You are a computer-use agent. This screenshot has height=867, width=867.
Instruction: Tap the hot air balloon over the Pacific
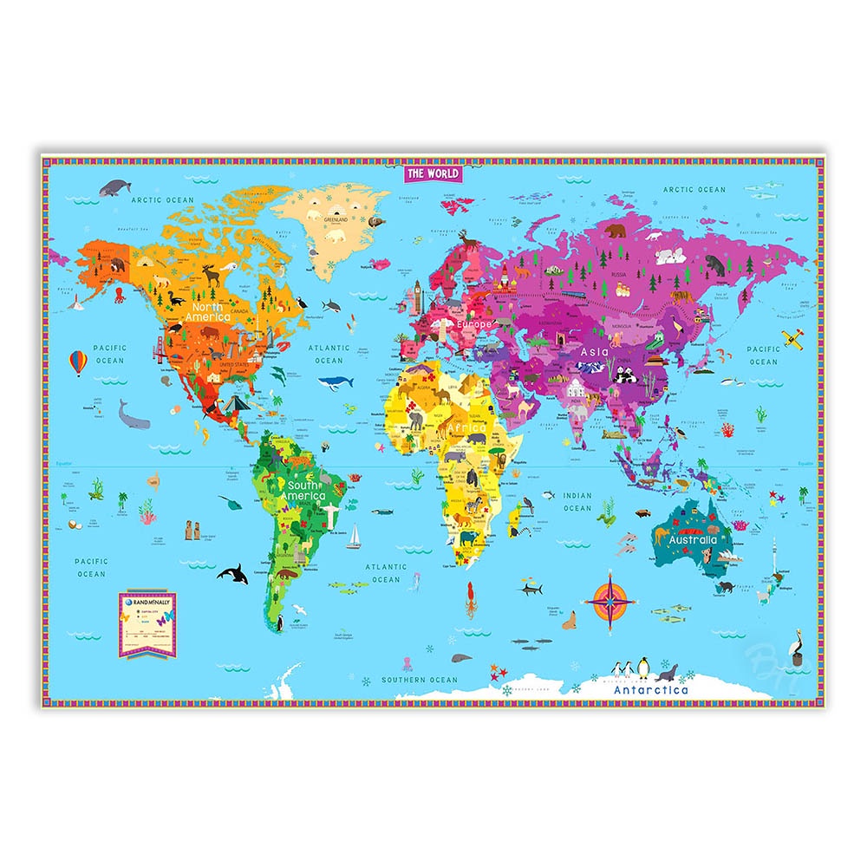click(x=79, y=362)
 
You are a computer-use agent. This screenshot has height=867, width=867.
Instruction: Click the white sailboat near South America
click(x=354, y=538)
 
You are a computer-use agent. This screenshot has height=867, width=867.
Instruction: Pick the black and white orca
click(x=231, y=573)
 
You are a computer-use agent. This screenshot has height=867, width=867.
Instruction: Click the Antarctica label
click(x=650, y=690)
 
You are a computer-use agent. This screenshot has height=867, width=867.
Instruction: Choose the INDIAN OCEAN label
click(x=577, y=502)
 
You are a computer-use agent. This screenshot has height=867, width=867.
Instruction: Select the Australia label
click(x=694, y=539)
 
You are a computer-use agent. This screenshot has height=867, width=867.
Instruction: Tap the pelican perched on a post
click(x=794, y=645)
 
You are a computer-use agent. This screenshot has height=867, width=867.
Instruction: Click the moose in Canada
click(x=212, y=275)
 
